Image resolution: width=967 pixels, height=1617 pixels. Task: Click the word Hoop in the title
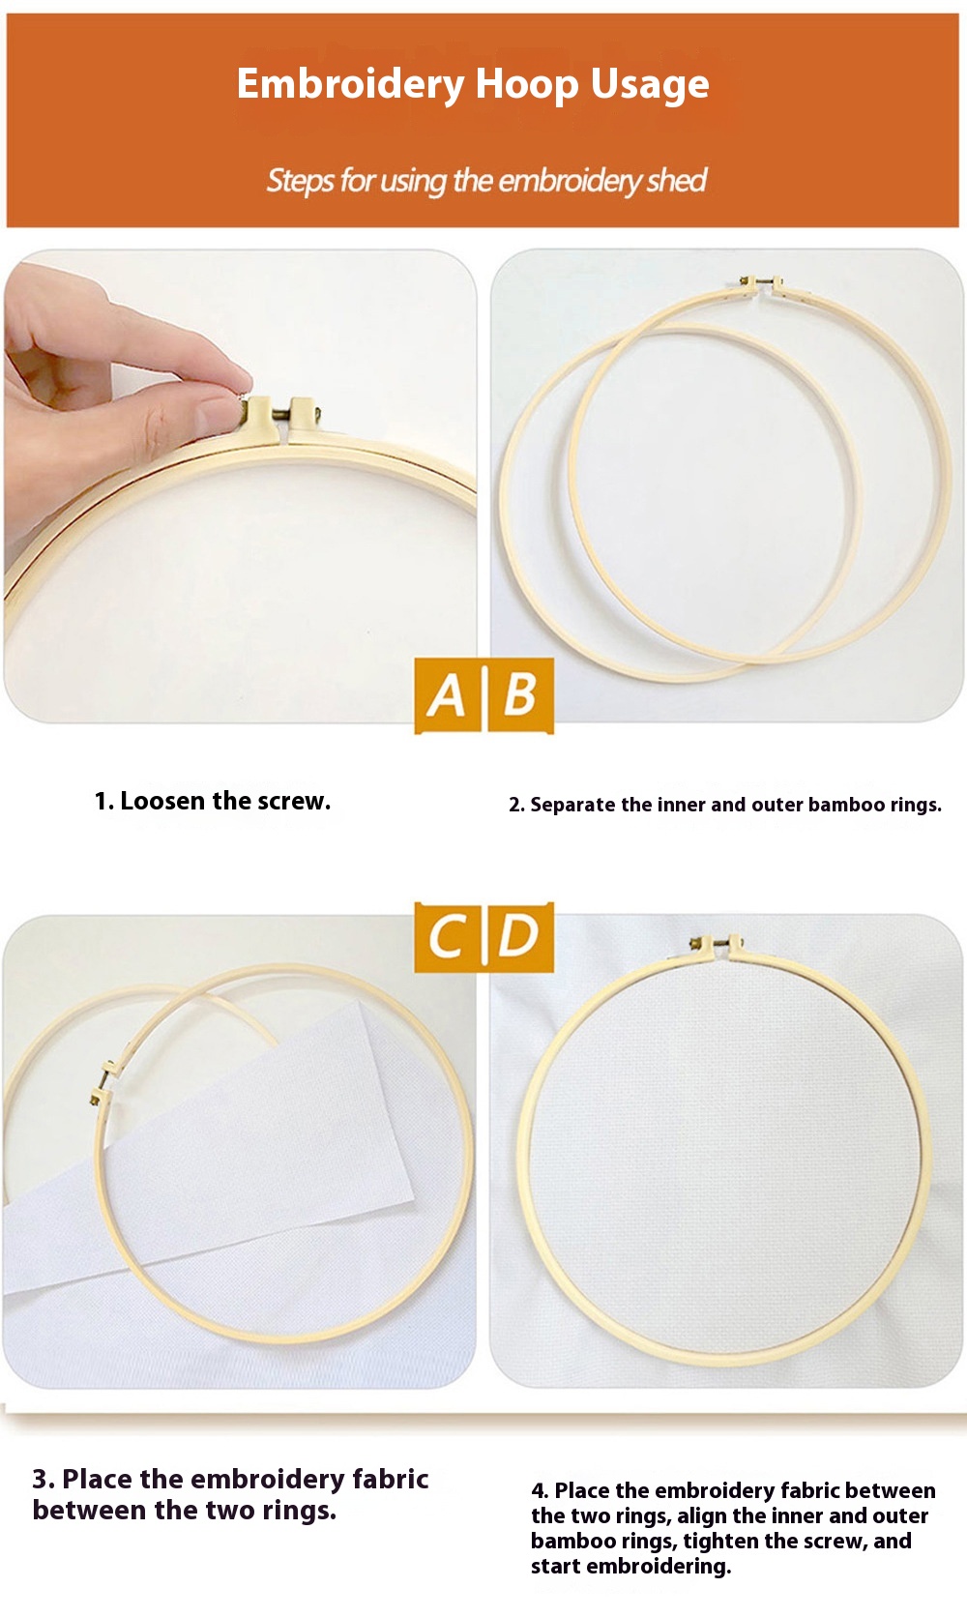click(527, 84)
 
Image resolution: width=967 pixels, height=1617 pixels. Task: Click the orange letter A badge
click(447, 695)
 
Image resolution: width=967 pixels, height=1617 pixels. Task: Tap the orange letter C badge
click(447, 936)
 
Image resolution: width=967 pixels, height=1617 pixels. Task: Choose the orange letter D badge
click(519, 936)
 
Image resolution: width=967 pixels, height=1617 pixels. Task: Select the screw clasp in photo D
click(716, 944)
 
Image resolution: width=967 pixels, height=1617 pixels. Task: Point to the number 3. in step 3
click(43, 1479)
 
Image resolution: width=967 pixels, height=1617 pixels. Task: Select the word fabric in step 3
click(391, 1479)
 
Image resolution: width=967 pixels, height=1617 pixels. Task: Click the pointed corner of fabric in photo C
click(414, 1200)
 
